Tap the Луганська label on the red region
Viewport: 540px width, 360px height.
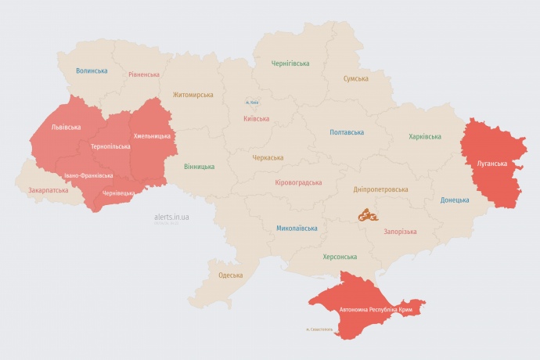(491, 164)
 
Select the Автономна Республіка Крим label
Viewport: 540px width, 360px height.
(375, 311)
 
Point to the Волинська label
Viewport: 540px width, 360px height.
(92, 71)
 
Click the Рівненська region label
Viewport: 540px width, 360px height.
(144, 75)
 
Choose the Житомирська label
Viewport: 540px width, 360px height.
(193, 95)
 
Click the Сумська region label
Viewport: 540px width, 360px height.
(356, 79)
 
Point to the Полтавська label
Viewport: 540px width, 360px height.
(347, 132)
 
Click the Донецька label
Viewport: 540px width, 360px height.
(455, 200)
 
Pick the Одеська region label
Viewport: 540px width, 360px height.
(230, 275)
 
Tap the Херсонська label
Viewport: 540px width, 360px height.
(340, 257)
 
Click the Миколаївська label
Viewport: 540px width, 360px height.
(297, 229)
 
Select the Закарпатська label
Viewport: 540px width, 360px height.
(48, 190)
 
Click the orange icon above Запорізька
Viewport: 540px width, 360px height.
(369, 214)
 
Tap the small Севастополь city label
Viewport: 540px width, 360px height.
(319, 329)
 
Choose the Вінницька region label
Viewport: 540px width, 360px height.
(200, 167)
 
